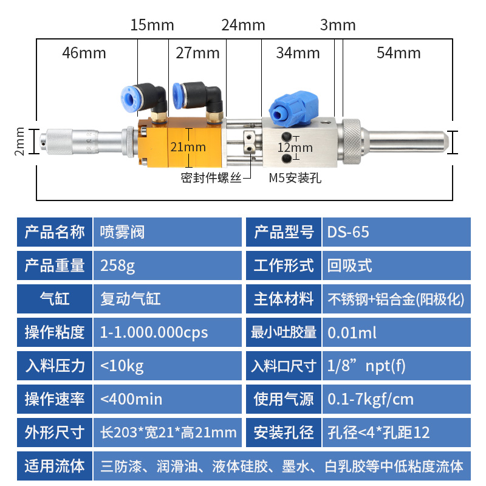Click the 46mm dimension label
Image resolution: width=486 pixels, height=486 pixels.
(84, 53)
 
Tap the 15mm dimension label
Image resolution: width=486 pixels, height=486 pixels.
(152, 25)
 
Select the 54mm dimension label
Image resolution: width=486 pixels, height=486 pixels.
(399, 53)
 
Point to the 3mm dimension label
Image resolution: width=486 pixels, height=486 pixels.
(337, 25)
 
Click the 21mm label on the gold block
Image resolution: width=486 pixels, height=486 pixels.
(188, 147)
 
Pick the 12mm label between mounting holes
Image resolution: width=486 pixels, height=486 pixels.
(295, 148)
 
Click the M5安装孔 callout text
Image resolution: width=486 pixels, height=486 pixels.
(295, 178)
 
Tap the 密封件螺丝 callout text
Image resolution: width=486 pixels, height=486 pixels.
(211, 178)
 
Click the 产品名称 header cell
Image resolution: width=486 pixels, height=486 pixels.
(55, 232)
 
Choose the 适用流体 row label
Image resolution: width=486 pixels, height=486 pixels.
(55, 466)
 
